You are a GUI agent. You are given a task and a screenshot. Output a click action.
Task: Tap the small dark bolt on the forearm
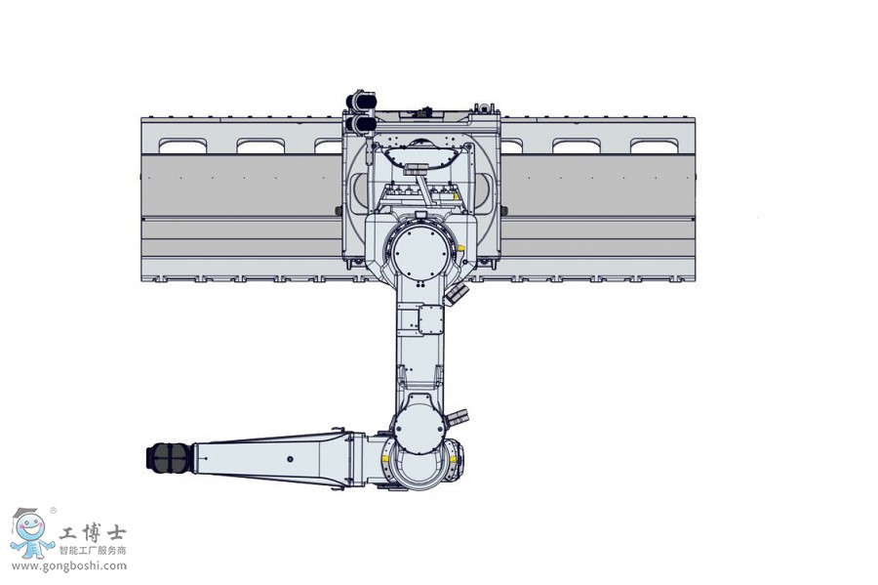click(x=289, y=457)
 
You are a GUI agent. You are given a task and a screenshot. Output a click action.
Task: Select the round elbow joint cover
click(x=419, y=430)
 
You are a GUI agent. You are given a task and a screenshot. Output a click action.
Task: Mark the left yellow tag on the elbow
click(x=386, y=454)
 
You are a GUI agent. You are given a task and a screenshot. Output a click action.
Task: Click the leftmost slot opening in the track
click(x=183, y=146)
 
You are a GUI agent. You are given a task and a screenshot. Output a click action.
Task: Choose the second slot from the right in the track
click(x=577, y=146)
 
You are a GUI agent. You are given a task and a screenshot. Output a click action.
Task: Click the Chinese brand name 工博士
click(x=92, y=534)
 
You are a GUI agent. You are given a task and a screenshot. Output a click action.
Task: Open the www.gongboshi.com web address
click(x=69, y=565)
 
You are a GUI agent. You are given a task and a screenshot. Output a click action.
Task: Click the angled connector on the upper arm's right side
click(x=454, y=293)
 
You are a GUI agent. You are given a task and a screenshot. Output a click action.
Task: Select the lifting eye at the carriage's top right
click(x=485, y=104)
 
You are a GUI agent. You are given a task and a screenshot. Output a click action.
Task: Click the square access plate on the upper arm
click(x=430, y=319)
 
